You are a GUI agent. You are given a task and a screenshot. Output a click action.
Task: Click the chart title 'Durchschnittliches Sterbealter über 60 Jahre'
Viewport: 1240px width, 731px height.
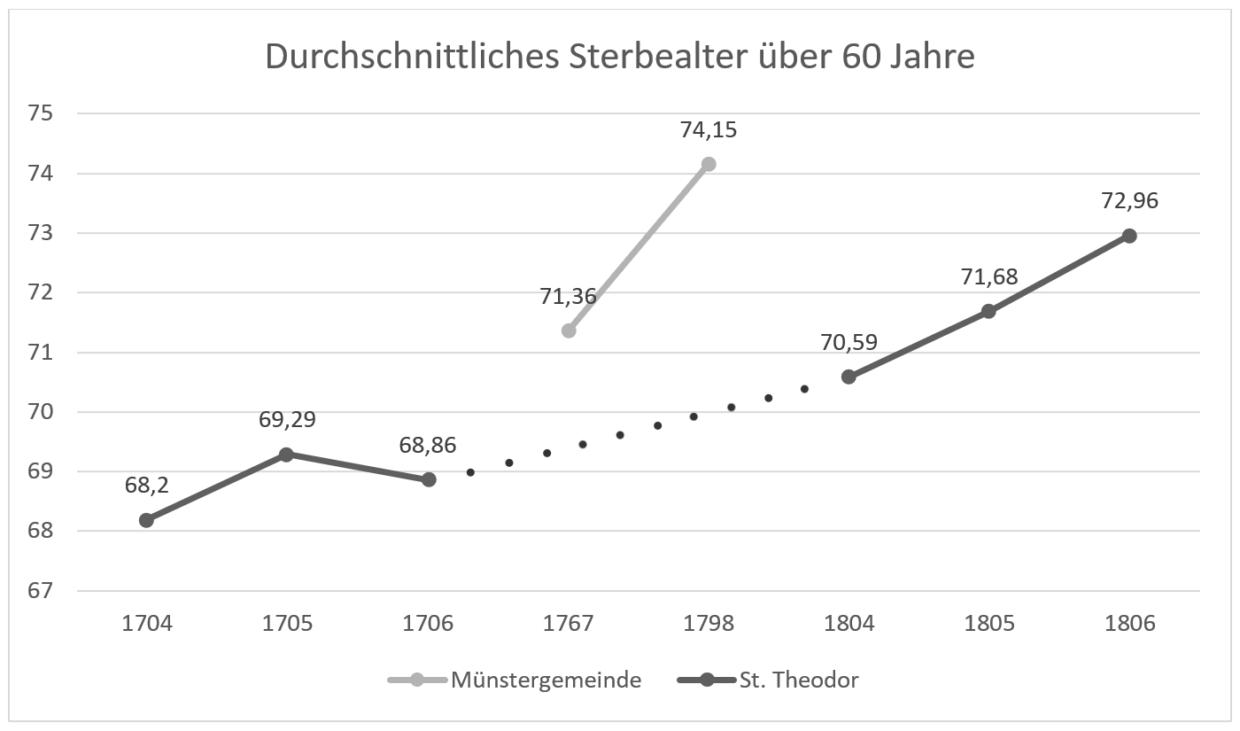[x=620, y=57]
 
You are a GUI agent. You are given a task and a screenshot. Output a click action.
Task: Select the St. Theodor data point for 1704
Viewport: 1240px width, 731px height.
[x=146, y=520]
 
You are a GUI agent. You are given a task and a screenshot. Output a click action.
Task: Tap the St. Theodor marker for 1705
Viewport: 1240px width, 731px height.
[x=286, y=455]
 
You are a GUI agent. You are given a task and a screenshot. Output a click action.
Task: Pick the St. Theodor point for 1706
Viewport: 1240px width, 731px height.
[x=429, y=479]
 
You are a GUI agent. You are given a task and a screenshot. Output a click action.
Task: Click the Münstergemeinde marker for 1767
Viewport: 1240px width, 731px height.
[x=569, y=331]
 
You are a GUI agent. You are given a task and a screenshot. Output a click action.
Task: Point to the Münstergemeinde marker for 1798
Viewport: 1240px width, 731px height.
[x=709, y=164]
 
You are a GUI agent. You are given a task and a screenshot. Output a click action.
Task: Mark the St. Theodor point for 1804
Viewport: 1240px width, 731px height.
[x=849, y=377]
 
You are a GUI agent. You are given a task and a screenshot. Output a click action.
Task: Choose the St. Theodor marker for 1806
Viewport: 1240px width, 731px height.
[x=1129, y=236]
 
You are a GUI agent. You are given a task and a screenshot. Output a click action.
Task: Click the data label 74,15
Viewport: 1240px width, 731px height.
[x=709, y=130]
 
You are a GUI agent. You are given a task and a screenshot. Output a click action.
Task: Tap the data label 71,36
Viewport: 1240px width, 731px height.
[x=568, y=297]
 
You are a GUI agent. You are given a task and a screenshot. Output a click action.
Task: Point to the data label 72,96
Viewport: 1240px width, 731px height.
[x=1129, y=201]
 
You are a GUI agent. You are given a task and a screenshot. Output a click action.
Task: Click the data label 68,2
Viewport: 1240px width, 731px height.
[x=146, y=485]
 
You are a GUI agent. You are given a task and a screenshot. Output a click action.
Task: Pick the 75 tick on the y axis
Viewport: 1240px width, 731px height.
[x=43, y=113]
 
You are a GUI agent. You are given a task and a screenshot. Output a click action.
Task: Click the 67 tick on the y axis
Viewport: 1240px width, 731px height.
[x=43, y=590]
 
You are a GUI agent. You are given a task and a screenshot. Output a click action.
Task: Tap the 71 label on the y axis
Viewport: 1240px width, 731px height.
[x=43, y=352]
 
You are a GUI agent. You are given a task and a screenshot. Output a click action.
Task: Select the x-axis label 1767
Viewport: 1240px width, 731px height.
[x=569, y=624]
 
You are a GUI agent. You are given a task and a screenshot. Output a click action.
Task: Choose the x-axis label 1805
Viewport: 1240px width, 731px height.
[x=989, y=624]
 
